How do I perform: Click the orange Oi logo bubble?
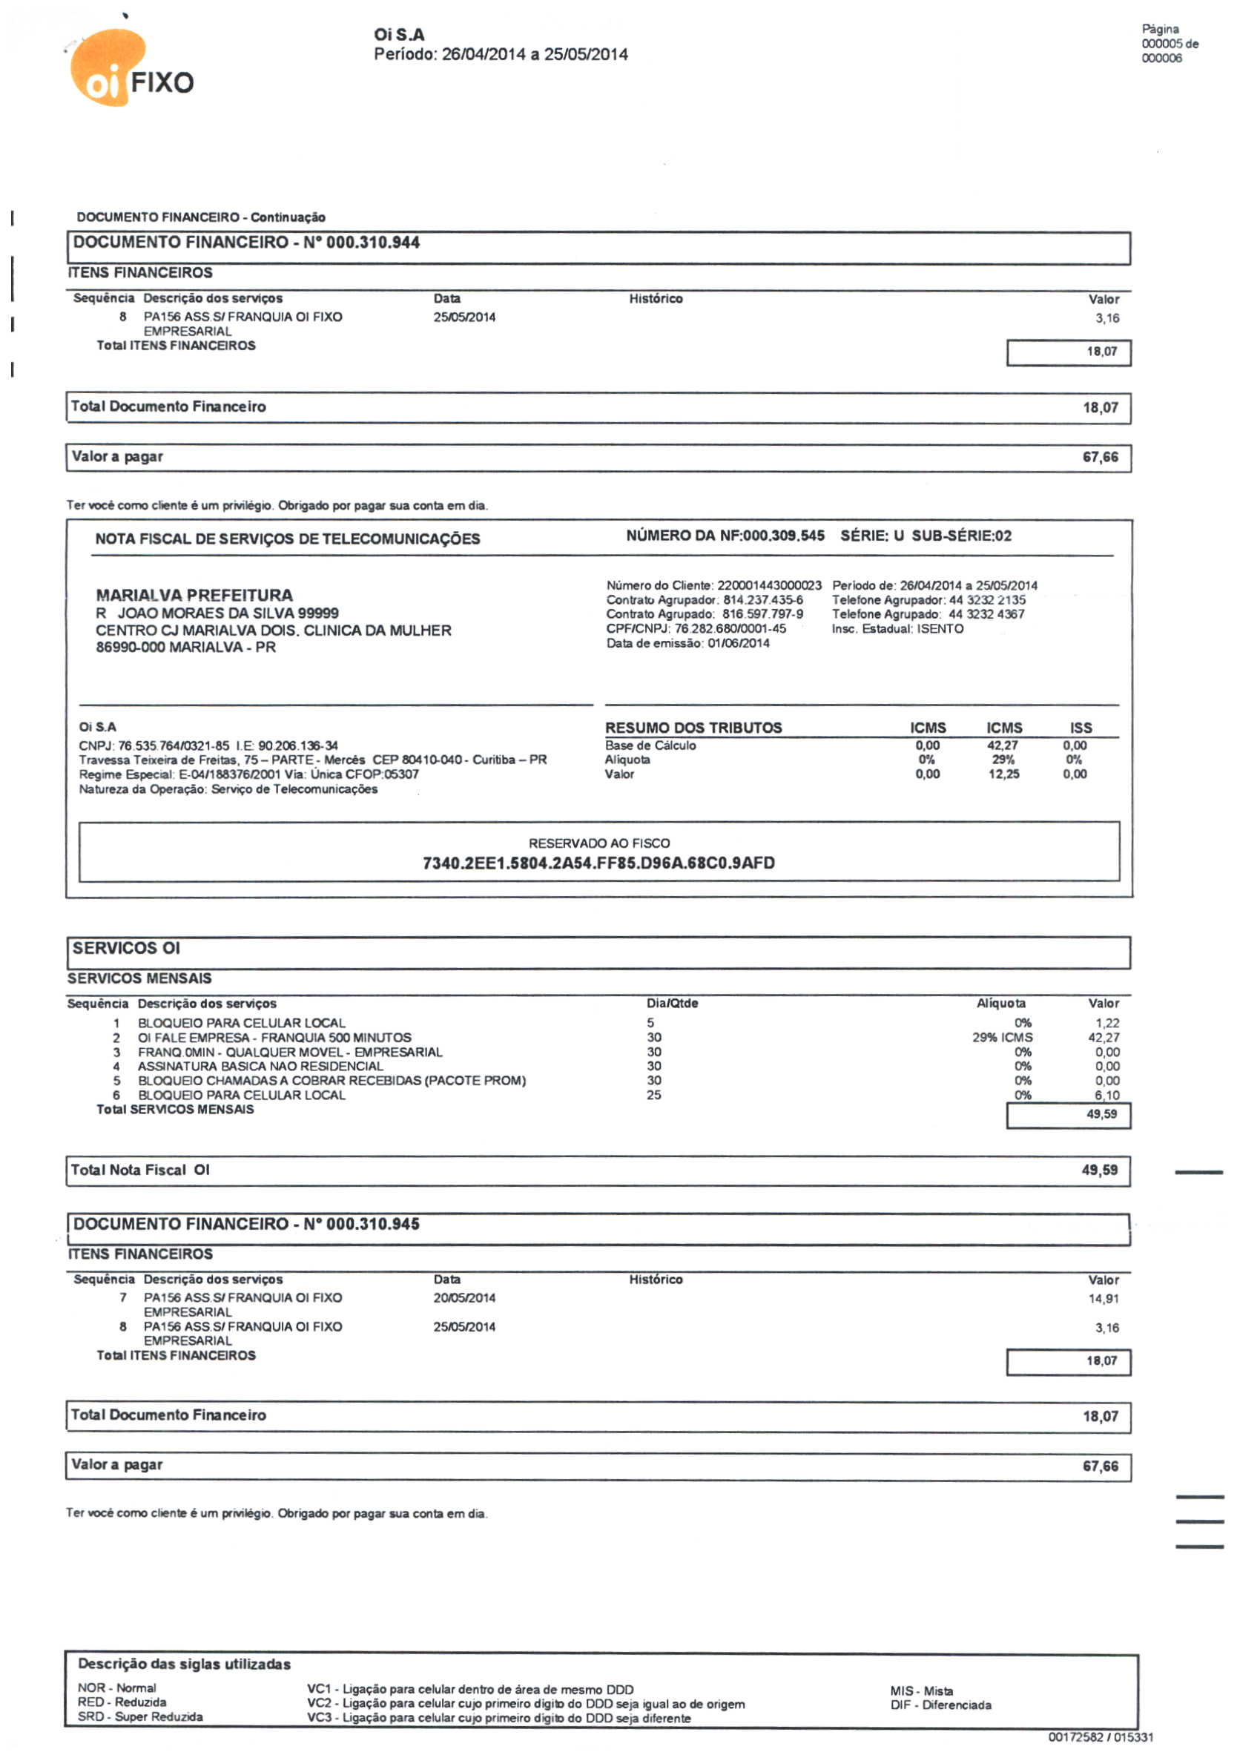[x=108, y=68]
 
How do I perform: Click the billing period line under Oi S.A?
[x=501, y=54]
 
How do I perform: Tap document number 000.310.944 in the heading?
[x=373, y=243]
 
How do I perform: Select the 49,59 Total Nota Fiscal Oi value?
[x=1099, y=1170]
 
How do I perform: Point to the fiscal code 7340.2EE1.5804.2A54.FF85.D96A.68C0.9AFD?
[x=598, y=863]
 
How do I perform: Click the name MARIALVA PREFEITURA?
[x=194, y=595]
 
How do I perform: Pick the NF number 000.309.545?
[x=783, y=536]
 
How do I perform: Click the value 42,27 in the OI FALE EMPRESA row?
[x=1104, y=1038]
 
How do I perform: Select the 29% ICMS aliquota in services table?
[x=1002, y=1038]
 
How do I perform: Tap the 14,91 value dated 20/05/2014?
[x=1104, y=1299]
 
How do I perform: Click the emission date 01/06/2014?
[x=739, y=643]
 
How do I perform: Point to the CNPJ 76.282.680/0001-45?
[x=730, y=628]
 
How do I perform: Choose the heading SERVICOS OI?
[x=126, y=948]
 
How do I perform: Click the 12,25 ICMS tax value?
[x=1003, y=774]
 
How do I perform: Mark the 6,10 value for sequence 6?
[x=1107, y=1096]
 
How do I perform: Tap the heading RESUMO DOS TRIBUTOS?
[x=693, y=728]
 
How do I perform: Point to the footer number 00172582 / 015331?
[x=1100, y=1737]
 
